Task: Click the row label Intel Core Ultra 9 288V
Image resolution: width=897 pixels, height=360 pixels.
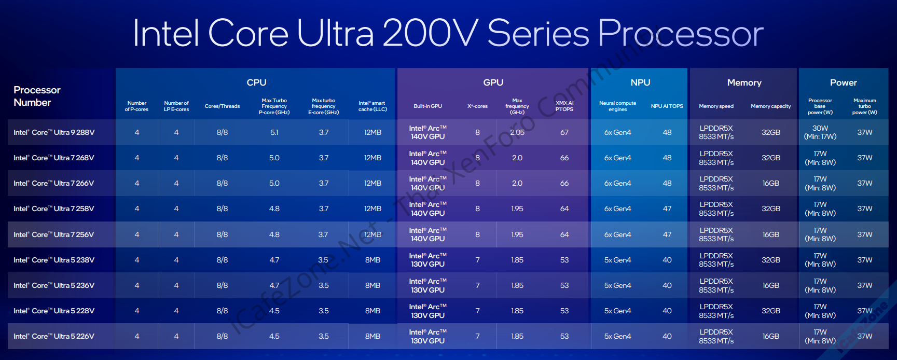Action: (x=54, y=132)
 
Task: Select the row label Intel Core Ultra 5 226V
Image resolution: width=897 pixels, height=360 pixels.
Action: (x=54, y=336)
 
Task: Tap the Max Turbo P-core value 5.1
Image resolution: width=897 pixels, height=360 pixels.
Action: (x=274, y=132)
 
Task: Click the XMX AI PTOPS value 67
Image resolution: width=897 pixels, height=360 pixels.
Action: (x=564, y=132)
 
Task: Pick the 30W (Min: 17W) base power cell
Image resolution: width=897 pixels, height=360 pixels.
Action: (x=820, y=132)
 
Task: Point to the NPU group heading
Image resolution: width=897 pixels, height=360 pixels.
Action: (x=640, y=82)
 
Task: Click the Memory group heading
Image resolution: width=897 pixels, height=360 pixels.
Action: (x=744, y=82)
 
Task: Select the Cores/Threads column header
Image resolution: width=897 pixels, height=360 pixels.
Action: (x=222, y=106)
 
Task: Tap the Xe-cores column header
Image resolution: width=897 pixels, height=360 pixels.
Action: (x=477, y=106)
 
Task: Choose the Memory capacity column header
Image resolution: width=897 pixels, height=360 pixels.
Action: (x=770, y=106)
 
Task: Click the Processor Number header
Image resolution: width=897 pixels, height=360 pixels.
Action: (x=37, y=96)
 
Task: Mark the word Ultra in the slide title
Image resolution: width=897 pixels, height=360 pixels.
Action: (x=335, y=33)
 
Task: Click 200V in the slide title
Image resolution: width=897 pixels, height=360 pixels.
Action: (x=430, y=33)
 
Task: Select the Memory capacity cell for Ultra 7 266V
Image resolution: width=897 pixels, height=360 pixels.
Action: (x=771, y=183)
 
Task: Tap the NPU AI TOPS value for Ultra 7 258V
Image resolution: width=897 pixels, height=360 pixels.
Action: (x=667, y=209)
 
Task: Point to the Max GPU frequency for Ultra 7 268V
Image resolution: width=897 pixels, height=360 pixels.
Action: (x=517, y=158)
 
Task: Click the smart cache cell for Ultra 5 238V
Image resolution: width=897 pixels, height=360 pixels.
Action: (x=372, y=260)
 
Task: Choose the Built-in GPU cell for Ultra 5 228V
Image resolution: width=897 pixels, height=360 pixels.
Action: (x=427, y=311)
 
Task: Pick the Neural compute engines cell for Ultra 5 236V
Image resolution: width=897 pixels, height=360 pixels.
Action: (x=617, y=285)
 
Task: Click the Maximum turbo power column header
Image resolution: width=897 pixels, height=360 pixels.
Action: (x=864, y=106)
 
